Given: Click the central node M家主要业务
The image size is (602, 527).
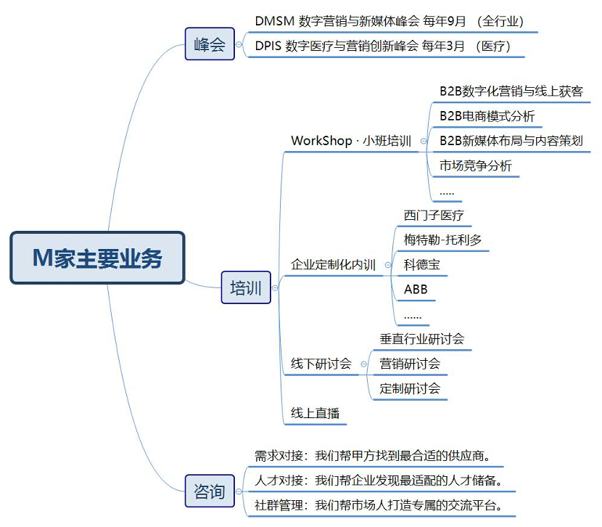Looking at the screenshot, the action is tap(97, 258).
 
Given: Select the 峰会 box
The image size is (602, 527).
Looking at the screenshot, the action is tap(210, 44).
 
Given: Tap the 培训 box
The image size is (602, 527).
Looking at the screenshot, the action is tap(246, 287).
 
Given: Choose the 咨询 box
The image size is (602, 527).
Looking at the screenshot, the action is tap(210, 491).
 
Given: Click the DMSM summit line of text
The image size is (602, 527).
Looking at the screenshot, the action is tap(389, 21).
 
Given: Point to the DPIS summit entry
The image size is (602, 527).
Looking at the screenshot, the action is tap(383, 46).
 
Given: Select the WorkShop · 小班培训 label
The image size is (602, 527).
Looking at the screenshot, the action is tap(351, 141).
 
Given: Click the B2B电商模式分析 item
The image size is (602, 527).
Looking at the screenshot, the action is tap(487, 116).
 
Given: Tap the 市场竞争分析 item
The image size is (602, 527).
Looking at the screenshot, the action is tap(476, 166).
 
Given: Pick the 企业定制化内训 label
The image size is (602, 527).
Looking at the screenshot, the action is tap(333, 265).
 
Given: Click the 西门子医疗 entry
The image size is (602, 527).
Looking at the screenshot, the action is tap(434, 215).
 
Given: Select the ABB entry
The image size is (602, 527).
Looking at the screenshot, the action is tap(416, 289).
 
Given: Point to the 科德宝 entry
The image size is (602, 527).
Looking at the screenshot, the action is tap(421, 265).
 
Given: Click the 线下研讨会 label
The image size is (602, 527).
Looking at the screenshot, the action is tap(321, 364).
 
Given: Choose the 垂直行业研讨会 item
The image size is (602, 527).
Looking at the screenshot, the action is tap(422, 339).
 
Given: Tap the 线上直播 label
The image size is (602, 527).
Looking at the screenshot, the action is tap(316, 413).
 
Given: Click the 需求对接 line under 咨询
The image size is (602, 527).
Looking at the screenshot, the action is tap(372, 456).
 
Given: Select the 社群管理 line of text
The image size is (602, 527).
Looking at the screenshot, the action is tap(379, 505).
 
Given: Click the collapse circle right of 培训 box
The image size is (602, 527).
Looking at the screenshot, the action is tap(275, 287).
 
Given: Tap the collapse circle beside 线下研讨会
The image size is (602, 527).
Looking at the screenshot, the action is tap(363, 364).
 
